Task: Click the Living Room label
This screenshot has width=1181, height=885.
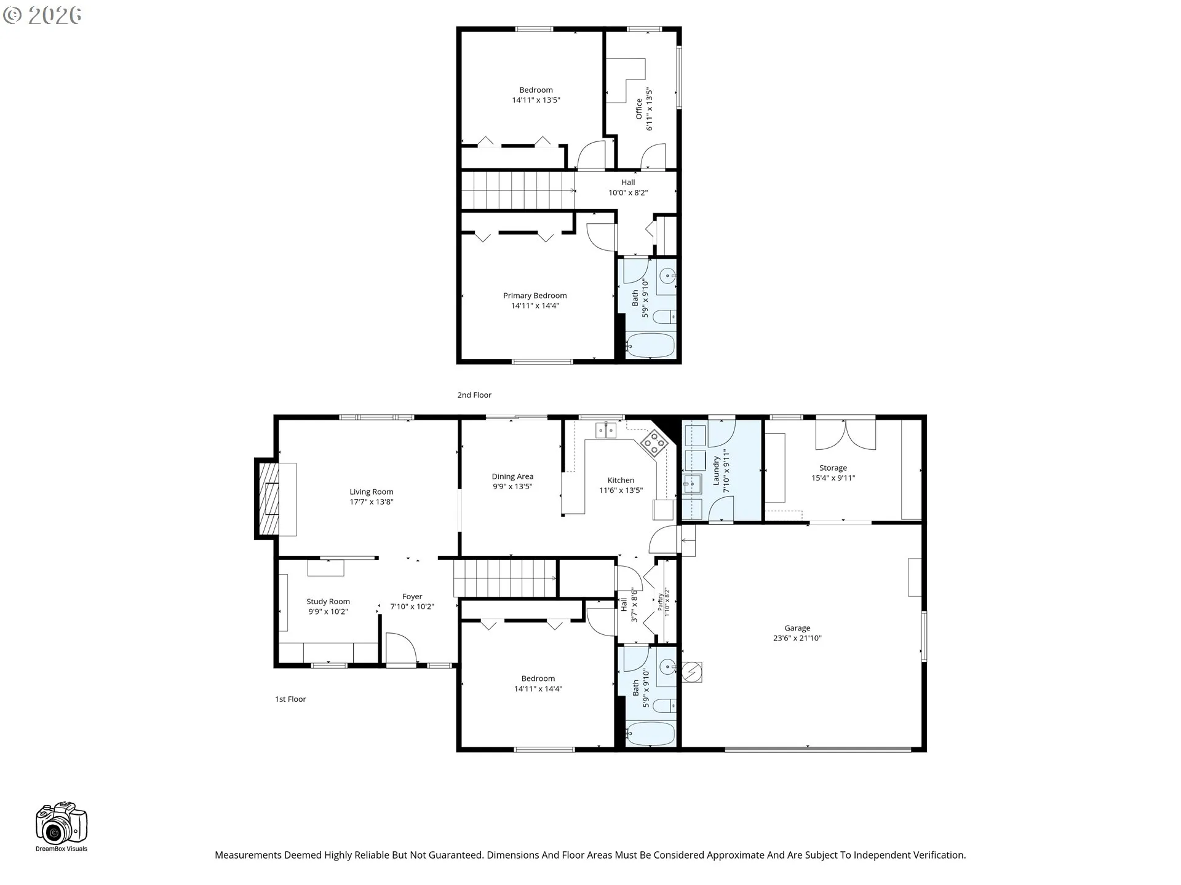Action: point(372,492)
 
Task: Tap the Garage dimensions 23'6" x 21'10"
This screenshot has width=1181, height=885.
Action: point(797,638)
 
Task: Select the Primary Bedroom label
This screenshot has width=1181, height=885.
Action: point(535,296)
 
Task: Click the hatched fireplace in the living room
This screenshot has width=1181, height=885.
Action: point(269,498)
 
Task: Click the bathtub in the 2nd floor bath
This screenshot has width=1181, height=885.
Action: point(651,345)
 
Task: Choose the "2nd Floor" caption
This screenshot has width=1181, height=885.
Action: point(474,395)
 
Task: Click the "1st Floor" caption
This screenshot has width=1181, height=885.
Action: point(290,699)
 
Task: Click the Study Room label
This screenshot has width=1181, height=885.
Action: point(328,602)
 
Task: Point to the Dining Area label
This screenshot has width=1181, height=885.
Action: point(512,476)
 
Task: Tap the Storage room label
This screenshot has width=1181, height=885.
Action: point(833,468)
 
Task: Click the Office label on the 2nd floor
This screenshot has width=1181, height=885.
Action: point(639,109)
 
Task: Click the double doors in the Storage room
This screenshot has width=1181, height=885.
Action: point(845,435)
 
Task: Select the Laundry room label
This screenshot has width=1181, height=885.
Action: point(717,471)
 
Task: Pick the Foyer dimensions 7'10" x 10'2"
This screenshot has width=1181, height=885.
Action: point(412,607)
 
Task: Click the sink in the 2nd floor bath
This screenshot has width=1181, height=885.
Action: point(667,276)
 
